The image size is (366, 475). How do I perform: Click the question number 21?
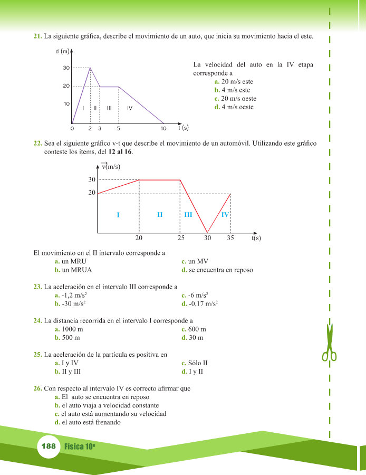point(37,36)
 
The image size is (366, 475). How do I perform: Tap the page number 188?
point(49,446)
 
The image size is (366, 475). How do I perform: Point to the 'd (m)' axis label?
point(62,51)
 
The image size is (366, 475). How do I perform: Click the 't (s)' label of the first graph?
point(183,128)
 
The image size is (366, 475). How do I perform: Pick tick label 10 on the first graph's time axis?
point(163,128)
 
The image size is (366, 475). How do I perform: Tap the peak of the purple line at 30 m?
point(90,68)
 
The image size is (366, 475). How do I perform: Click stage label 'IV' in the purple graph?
point(129,108)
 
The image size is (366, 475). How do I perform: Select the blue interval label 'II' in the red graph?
point(159,214)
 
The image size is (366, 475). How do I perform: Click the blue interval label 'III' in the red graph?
point(189,214)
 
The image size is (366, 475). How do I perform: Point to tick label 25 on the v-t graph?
point(180,239)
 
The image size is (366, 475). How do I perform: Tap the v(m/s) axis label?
point(111,167)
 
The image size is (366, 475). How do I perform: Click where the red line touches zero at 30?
point(207,232)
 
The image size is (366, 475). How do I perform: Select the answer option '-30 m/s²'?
point(73,303)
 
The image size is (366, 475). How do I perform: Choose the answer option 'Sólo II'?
point(198,363)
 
